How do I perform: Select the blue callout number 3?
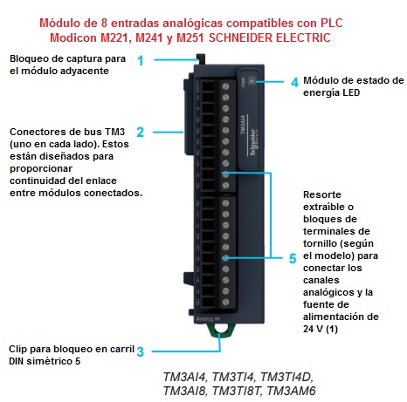click(140, 352)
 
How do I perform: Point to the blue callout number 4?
click(294, 81)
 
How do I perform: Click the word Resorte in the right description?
click(324, 194)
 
